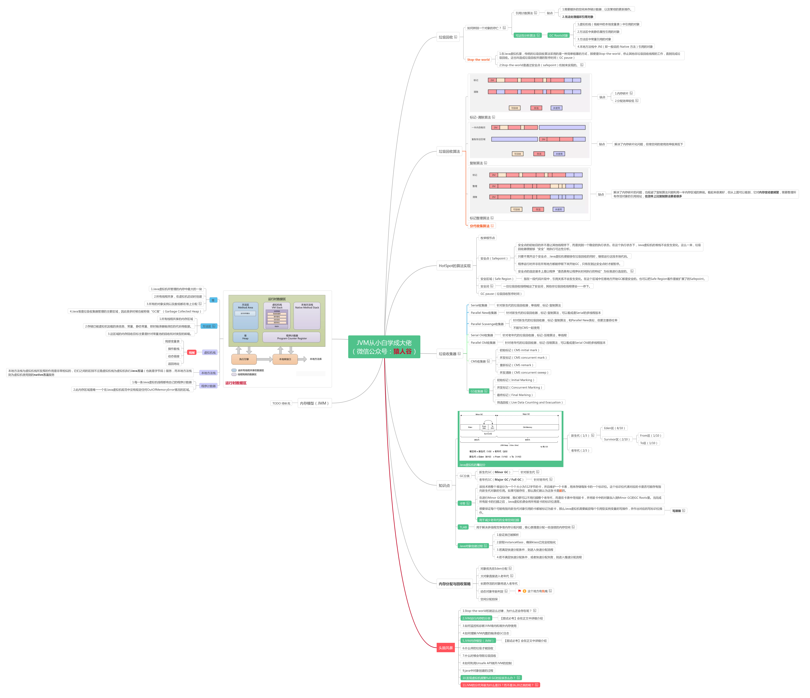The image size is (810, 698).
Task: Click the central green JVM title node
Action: point(384,347)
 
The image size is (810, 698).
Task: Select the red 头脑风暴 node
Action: point(446,648)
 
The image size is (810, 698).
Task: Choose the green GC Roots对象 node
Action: point(558,36)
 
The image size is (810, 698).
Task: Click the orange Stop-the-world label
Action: point(478,60)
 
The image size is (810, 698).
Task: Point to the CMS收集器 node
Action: point(480,361)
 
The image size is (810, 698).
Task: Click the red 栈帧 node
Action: point(192,353)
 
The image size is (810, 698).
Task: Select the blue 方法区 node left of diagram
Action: point(208,326)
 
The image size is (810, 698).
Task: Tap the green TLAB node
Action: point(463,527)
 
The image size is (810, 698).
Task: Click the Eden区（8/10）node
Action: point(614,428)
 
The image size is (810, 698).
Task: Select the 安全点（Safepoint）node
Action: point(494,258)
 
